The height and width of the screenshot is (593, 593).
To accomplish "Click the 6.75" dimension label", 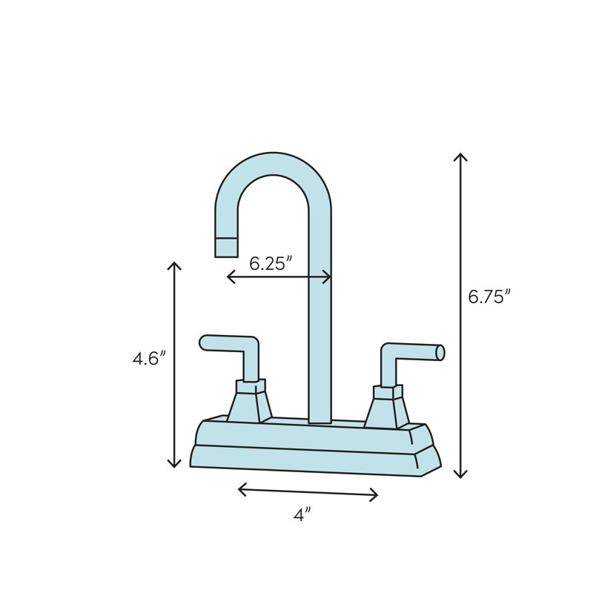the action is click(x=489, y=296).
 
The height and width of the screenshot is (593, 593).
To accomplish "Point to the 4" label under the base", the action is click(x=301, y=515).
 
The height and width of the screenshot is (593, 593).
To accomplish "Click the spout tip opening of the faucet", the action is click(x=226, y=248).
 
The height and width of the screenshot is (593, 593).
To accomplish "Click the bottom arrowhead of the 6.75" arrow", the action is click(x=461, y=475).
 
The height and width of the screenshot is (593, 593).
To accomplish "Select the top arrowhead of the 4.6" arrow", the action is click(x=174, y=265).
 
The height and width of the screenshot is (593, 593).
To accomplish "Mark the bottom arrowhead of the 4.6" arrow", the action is click(x=174, y=466).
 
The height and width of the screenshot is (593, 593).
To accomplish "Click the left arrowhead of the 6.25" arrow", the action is click(x=229, y=276).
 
